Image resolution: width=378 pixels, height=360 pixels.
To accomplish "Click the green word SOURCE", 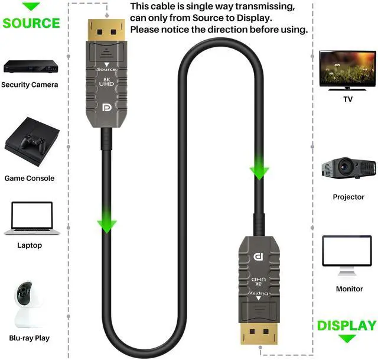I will (x=31, y=24).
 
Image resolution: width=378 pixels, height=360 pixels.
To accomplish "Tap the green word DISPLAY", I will (x=347, y=326).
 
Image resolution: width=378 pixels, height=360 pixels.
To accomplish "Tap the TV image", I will (x=347, y=70).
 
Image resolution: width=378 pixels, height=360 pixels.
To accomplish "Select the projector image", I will (x=348, y=168).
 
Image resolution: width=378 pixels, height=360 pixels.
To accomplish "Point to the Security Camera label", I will (x=30, y=85).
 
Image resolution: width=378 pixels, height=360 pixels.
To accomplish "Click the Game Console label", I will (x=30, y=178).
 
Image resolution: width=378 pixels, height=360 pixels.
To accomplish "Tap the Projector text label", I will (x=348, y=197).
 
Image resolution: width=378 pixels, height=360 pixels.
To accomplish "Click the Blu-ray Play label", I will (x=30, y=338).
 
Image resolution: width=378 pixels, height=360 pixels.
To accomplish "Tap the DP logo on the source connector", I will (x=107, y=108).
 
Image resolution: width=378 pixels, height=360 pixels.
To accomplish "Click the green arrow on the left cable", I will (x=107, y=223).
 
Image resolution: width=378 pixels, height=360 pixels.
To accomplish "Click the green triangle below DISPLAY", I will (x=347, y=339).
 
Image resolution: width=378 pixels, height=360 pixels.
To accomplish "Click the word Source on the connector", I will (x=106, y=70).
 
